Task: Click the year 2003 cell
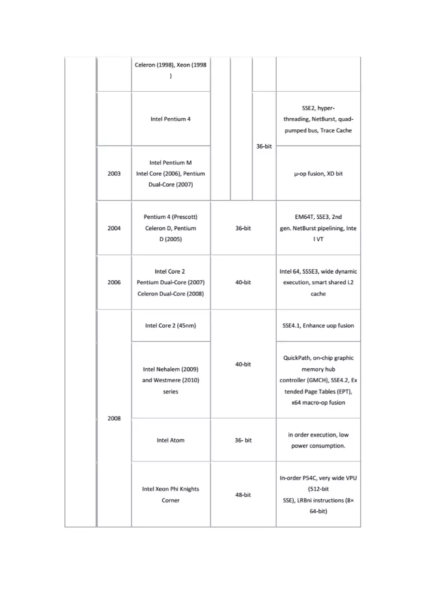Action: pyautogui.click(x=114, y=174)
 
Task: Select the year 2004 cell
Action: pyautogui.click(x=114, y=228)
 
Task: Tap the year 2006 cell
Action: pyautogui.click(x=114, y=282)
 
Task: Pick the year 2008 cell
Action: pyautogui.click(x=114, y=419)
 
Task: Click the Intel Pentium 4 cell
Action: pyautogui.click(x=170, y=119)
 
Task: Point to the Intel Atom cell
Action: pyautogui.click(x=170, y=440)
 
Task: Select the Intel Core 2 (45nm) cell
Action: pyautogui.click(x=170, y=326)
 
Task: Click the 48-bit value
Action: pyautogui.click(x=243, y=495)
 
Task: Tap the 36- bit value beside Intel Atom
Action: pyautogui.click(x=243, y=440)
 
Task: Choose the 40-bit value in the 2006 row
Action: pyautogui.click(x=243, y=282)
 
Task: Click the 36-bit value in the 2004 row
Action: pyautogui.click(x=243, y=228)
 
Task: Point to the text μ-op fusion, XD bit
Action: pyautogui.click(x=318, y=174)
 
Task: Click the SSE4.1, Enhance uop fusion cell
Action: pyautogui.click(x=318, y=326)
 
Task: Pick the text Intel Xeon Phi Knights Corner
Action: pyautogui.click(x=170, y=495)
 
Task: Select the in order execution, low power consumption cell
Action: pyautogui.click(x=318, y=440)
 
